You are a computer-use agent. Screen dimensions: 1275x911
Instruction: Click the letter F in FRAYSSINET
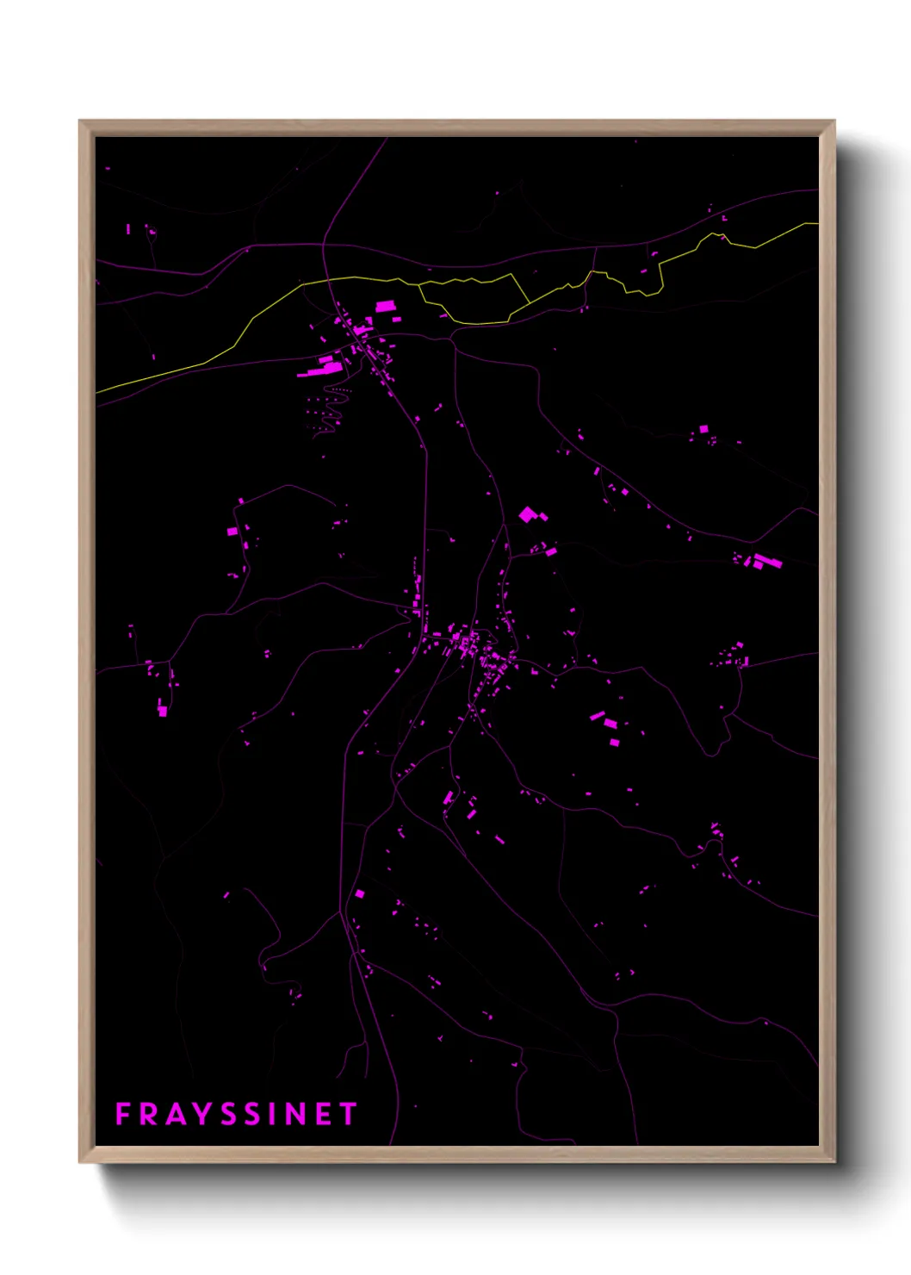(122, 1114)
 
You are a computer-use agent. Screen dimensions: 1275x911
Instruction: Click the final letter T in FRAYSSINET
(348, 1114)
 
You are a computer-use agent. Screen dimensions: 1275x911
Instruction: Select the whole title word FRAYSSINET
(236, 1114)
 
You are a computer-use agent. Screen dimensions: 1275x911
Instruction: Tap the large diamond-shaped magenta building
(527, 514)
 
